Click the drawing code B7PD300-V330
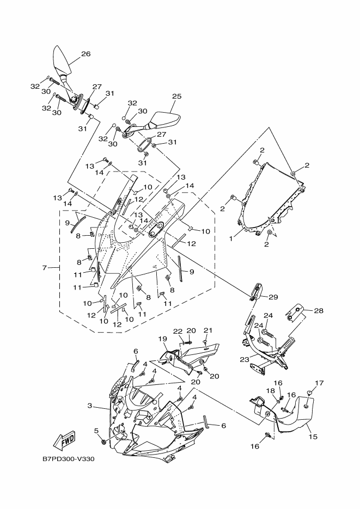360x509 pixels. pyautogui.click(x=69, y=458)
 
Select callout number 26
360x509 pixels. pyautogui.click(x=86, y=54)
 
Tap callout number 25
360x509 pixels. pyautogui.click(x=176, y=96)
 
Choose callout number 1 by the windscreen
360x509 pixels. pyautogui.click(x=230, y=238)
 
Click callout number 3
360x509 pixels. pyautogui.click(x=90, y=407)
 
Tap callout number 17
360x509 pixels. pyautogui.click(x=320, y=383)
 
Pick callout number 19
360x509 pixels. pyautogui.click(x=162, y=339)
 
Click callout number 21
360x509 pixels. pyautogui.click(x=208, y=330)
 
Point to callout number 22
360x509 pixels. pyautogui.click(x=178, y=331)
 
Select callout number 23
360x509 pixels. pyautogui.click(x=244, y=360)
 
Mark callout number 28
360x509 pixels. pyautogui.click(x=319, y=311)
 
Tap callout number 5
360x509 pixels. pyautogui.click(x=96, y=431)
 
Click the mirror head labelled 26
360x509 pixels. pyautogui.click(x=61, y=61)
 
